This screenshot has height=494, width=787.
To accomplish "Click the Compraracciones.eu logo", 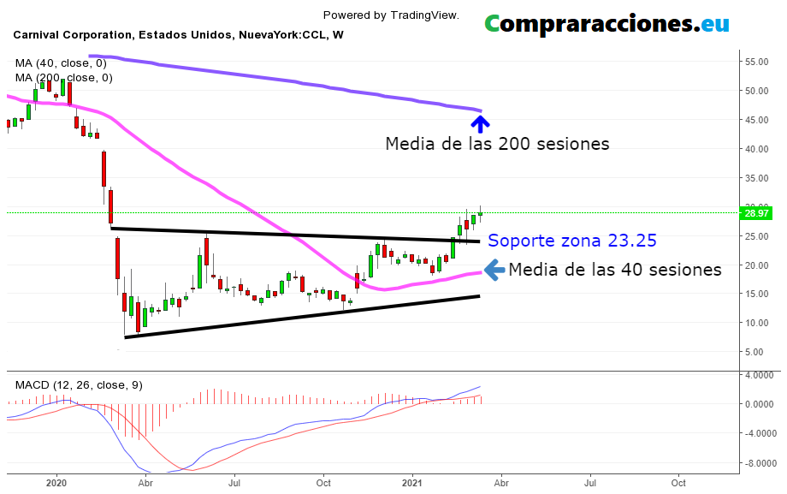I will [607, 23].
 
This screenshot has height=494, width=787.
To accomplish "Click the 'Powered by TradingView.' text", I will [391, 15].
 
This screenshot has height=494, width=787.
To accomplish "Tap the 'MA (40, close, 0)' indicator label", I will [61, 62].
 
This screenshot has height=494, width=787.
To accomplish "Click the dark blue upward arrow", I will [481, 123].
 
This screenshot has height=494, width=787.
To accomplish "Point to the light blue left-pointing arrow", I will [494, 270].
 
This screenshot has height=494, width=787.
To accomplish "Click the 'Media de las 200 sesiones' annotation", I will [497, 144].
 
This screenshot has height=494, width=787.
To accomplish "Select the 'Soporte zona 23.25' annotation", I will [571, 241].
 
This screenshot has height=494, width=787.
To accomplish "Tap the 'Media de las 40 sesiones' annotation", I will [614, 270].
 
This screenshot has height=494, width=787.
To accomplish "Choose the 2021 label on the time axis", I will [413, 483].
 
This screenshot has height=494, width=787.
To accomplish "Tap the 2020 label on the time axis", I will [56, 483].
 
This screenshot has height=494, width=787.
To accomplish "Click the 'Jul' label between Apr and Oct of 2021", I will [590, 483].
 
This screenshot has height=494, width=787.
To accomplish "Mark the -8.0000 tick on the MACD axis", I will [760, 463].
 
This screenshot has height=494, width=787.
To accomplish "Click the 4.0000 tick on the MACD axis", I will [760, 375].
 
